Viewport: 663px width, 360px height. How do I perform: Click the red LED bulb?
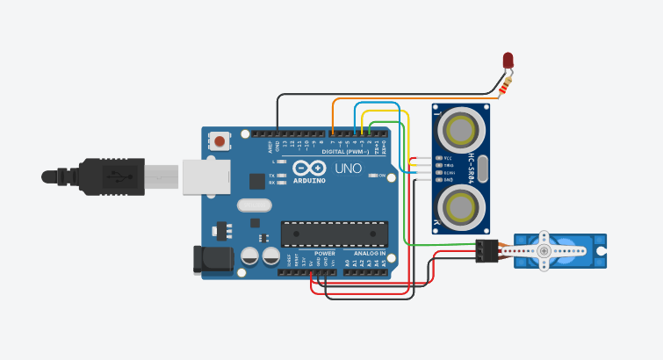click(508, 60)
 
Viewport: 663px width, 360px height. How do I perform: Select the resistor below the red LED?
click(504, 85)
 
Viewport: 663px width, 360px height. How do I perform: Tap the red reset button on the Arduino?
click(220, 140)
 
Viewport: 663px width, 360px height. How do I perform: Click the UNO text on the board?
click(345, 167)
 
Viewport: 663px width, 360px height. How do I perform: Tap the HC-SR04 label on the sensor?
click(472, 169)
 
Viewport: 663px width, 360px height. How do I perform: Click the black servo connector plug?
click(486, 251)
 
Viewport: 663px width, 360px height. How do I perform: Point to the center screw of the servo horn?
click(546, 251)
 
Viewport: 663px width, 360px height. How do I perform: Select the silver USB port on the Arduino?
click(206, 176)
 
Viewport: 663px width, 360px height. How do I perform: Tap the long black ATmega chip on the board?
click(334, 234)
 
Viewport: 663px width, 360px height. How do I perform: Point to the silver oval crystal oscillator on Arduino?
click(255, 206)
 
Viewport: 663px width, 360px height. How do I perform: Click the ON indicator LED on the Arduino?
click(371, 176)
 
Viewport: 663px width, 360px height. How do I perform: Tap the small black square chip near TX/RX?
click(256, 181)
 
